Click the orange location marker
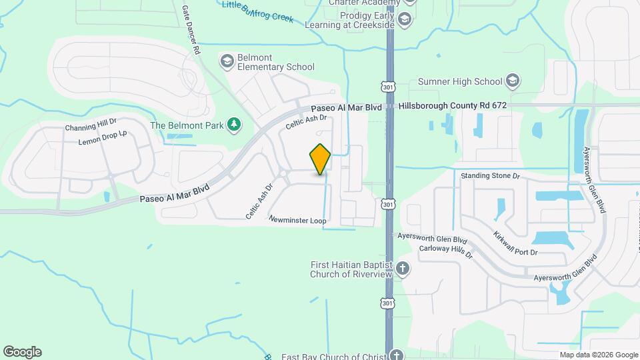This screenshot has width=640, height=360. click(x=320, y=159)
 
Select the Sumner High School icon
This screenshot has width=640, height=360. click(x=512, y=81)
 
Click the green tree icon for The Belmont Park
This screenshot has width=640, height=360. click(x=233, y=125)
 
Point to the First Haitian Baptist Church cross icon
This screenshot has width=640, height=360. click(x=402, y=269)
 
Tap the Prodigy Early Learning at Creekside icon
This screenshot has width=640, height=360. click(x=404, y=20)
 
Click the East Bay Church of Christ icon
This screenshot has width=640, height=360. click(x=397, y=355)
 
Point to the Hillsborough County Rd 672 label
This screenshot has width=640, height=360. click(x=453, y=105)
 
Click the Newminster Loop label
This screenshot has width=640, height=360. click(x=297, y=219)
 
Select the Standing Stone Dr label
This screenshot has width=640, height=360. click(x=490, y=176)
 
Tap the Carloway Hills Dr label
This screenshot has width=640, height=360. click(x=445, y=251)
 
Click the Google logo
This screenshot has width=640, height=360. click(x=22, y=352)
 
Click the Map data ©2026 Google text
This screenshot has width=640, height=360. click(x=599, y=355)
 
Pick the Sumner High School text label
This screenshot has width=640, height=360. click(x=460, y=81)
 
